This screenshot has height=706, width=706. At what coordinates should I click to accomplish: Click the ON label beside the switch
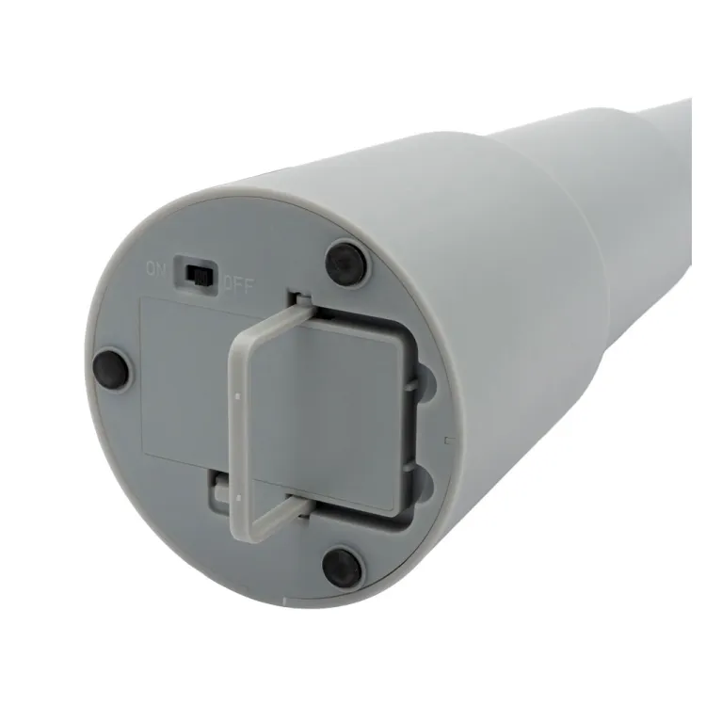(154, 270)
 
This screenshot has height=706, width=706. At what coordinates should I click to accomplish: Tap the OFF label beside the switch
(239, 285)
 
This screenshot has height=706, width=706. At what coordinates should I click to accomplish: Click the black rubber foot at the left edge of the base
(111, 368)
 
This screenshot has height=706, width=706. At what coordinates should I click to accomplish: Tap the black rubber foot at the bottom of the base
(343, 566)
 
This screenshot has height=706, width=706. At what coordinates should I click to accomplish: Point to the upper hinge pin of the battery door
(301, 297)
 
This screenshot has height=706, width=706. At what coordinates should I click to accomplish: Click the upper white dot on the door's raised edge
(238, 396)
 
